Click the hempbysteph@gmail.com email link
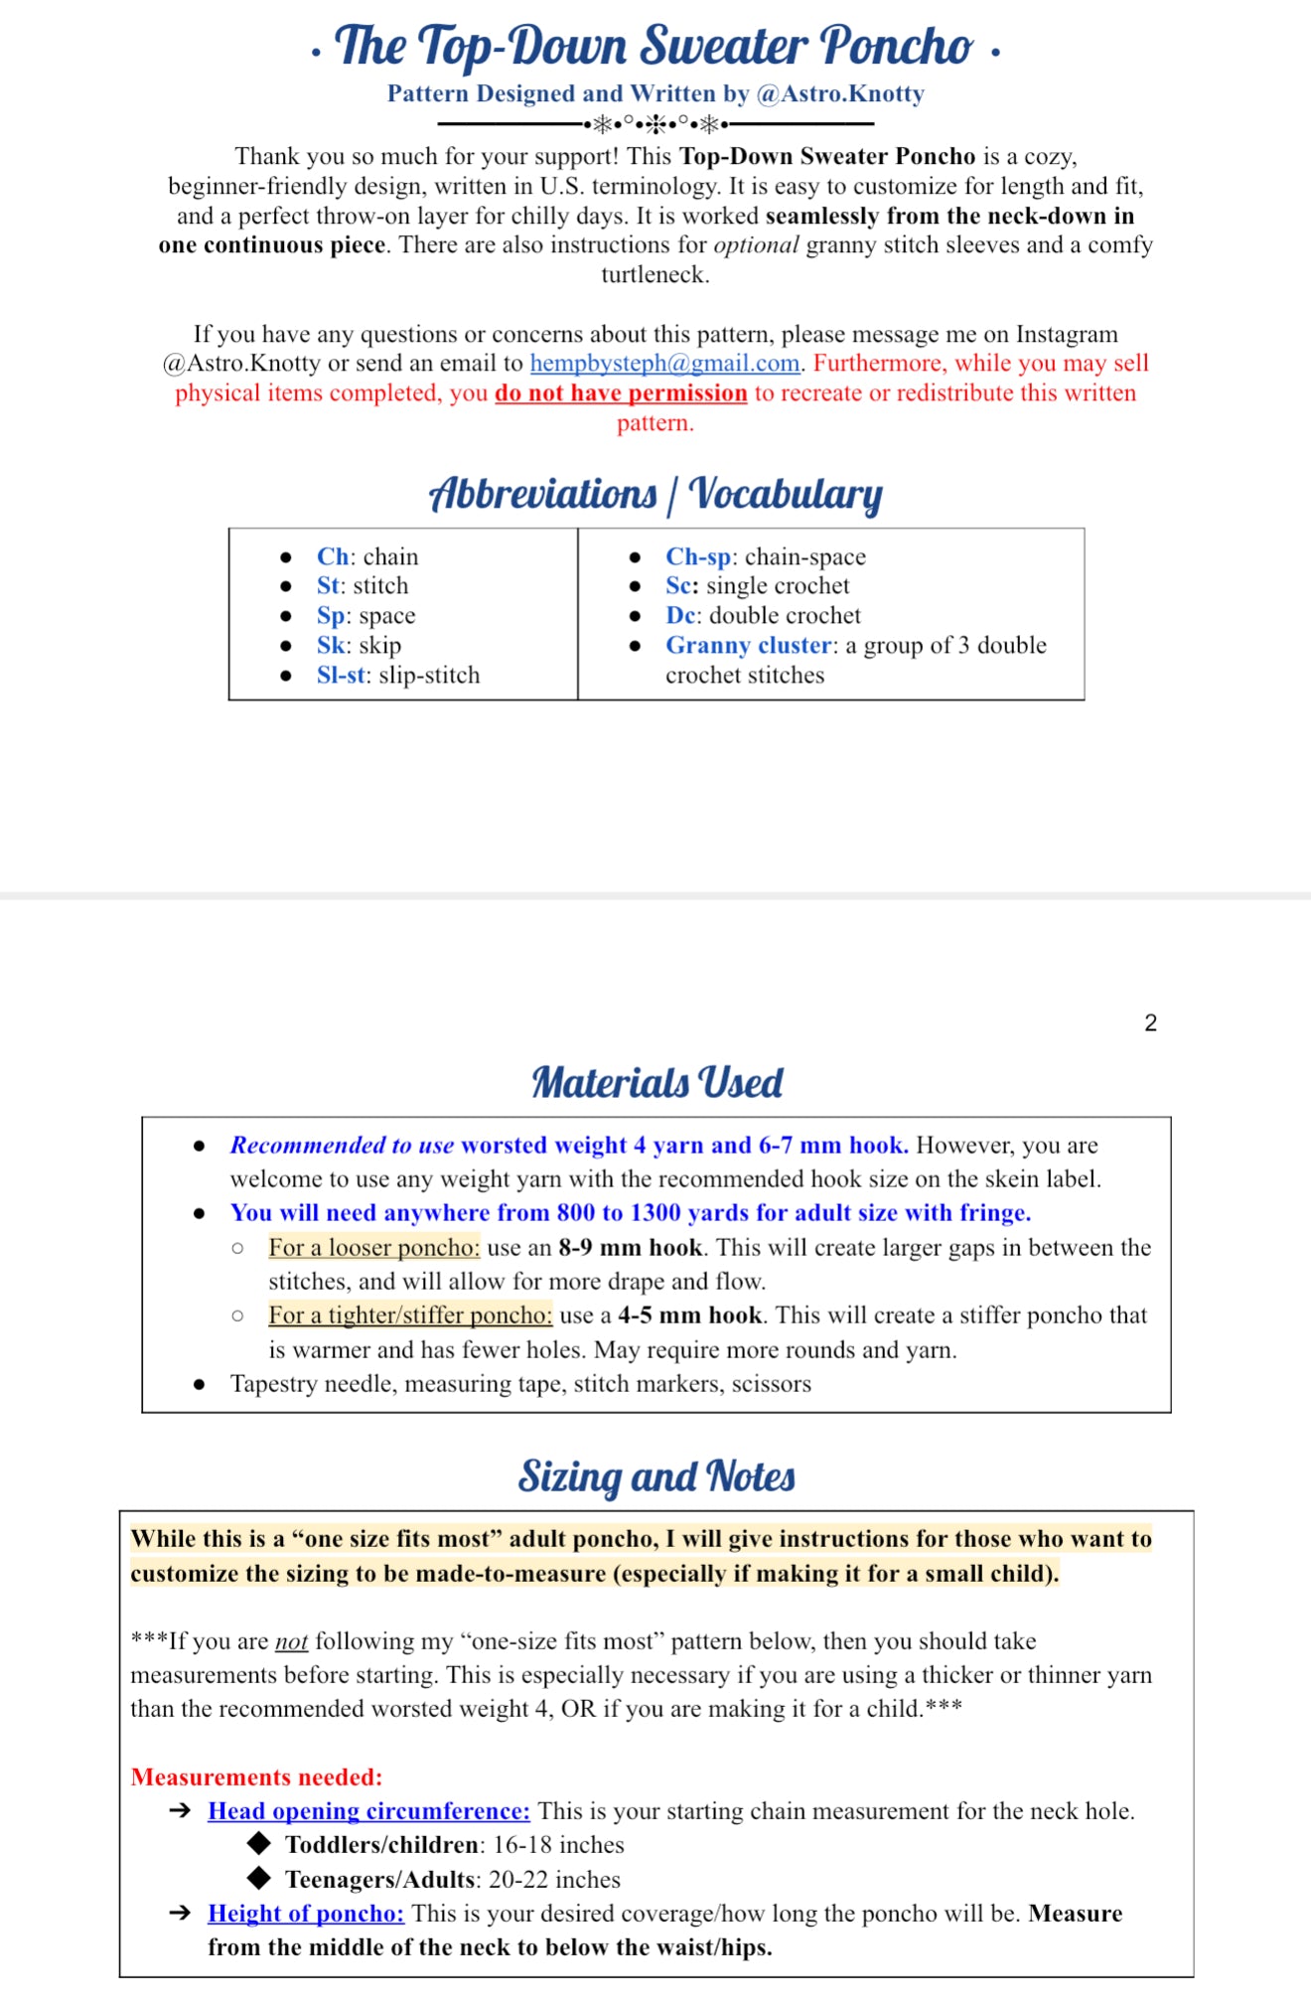click(664, 364)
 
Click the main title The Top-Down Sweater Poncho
click(655, 46)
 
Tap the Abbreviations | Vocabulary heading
click(655, 494)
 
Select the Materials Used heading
click(656, 1082)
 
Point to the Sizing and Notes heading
click(656, 1476)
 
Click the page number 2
click(1150, 1023)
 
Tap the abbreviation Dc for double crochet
click(681, 616)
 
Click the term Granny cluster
click(748, 646)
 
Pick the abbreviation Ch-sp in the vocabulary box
click(697, 557)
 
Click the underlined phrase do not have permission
click(621, 393)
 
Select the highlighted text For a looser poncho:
click(373, 1248)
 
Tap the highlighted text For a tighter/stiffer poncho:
click(409, 1315)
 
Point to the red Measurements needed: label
click(256, 1777)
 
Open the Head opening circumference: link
click(368, 1811)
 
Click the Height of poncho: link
click(306, 1914)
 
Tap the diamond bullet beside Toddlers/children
click(259, 1844)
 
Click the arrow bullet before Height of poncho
click(180, 1914)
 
